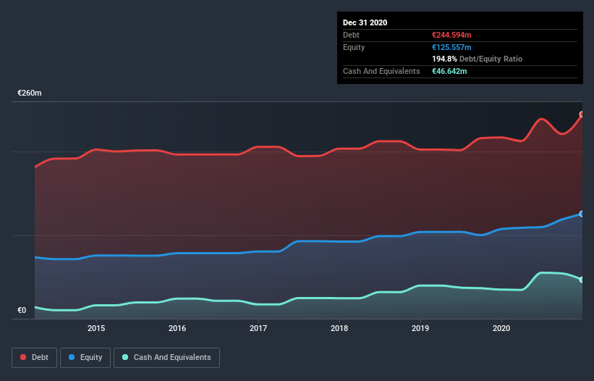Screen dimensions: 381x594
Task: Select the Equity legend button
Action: point(85,357)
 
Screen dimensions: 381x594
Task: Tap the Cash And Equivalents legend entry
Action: point(166,357)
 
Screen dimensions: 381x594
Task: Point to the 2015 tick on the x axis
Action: point(96,328)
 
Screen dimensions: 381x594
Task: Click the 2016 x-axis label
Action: point(177,328)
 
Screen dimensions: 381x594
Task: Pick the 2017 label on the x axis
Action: point(258,328)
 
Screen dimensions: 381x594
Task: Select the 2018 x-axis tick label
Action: point(339,328)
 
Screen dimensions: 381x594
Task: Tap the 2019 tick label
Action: point(420,328)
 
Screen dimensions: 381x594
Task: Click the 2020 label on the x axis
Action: point(501,328)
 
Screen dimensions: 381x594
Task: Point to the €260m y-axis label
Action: point(30,93)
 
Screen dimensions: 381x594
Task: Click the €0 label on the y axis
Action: point(22,311)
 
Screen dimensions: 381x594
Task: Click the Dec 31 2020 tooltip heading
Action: point(365,22)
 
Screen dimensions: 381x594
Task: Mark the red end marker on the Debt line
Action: point(582,114)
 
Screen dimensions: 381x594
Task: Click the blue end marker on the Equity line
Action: point(582,214)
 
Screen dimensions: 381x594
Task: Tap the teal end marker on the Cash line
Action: point(582,280)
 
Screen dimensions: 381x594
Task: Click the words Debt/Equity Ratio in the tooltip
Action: point(491,59)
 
